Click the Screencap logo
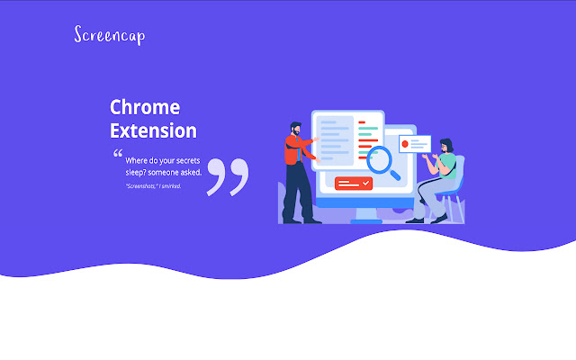pyautogui.click(x=109, y=35)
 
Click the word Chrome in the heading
pyautogui.click(x=145, y=107)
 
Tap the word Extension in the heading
pyautogui.click(x=153, y=130)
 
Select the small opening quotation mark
pyautogui.click(x=118, y=154)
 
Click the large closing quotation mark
pyautogui.click(x=227, y=176)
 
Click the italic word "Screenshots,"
pyautogui.click(x=141, y=186)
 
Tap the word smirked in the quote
pyautogui.click(x=171, y=186)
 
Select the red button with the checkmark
pyautogui.click(x=353, y=183)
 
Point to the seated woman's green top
pyautogui.click(x=445, y=164)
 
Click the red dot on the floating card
pyautogui.click(x=406, y=143)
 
